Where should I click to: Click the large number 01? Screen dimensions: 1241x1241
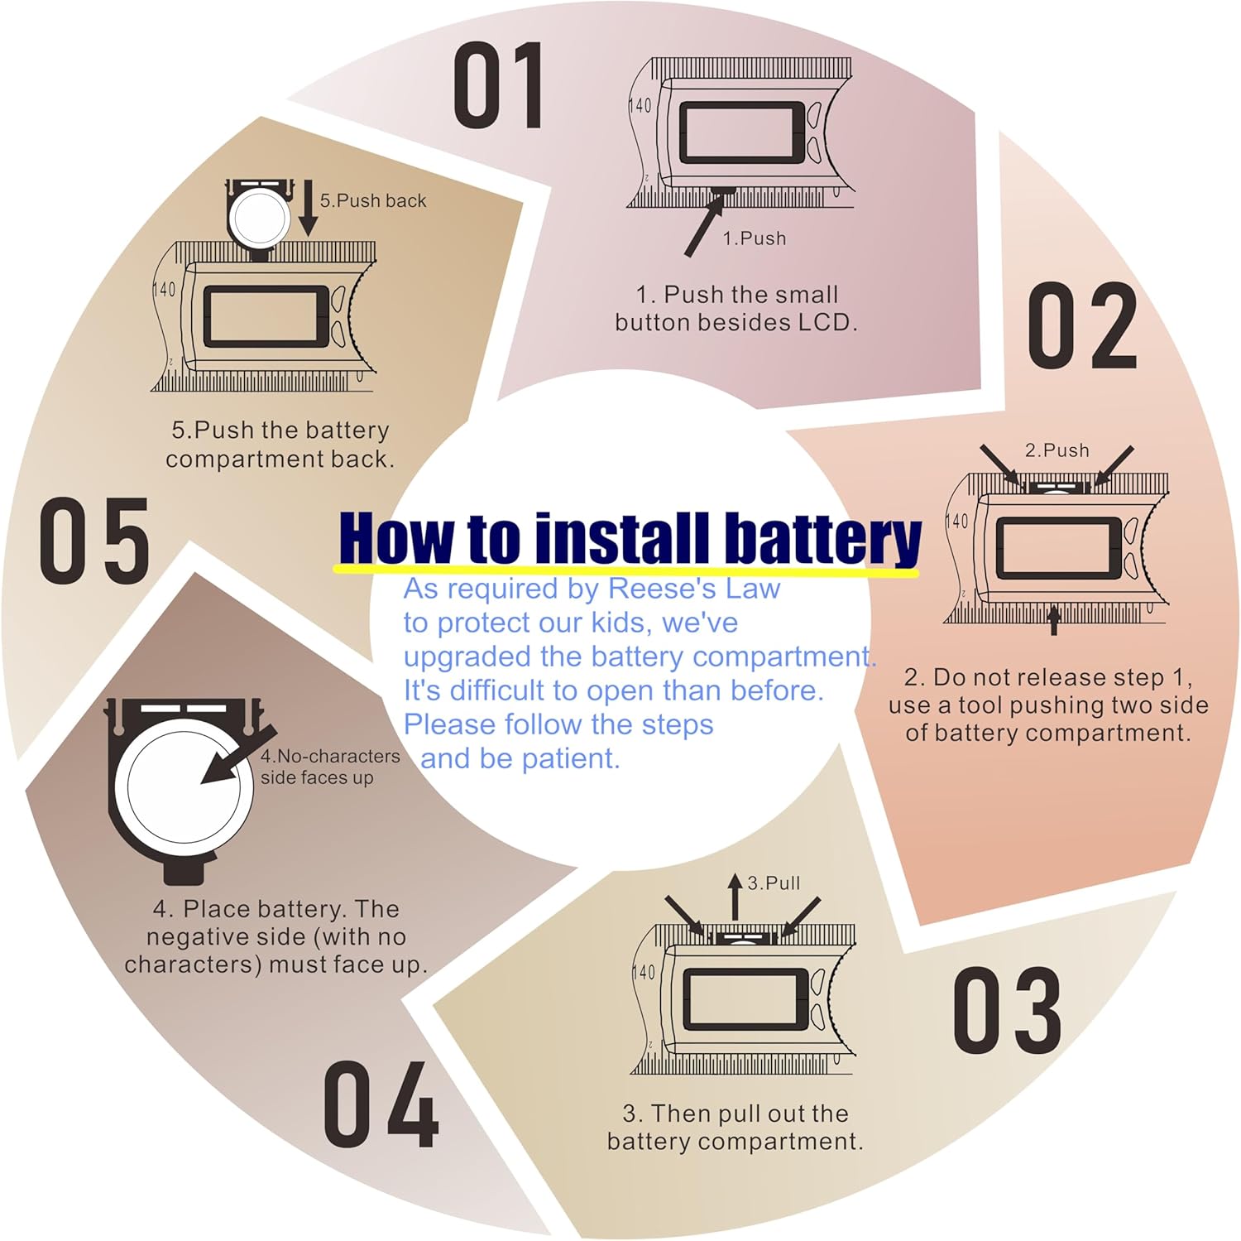[500, 86]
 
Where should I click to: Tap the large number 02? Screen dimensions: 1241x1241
[1083, 325]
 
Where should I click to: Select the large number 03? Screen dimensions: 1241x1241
[1007, 1010]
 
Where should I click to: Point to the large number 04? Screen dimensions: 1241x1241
[381, 1104]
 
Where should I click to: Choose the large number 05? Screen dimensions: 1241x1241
[94, 541]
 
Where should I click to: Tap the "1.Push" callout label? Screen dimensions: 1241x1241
[754, 238]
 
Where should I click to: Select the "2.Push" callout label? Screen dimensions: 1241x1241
[1057, 450]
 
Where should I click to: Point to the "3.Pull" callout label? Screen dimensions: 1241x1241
[774, 883]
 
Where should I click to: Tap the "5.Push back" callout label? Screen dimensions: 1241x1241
[373, 200]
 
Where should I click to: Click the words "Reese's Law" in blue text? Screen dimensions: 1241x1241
[694, 589]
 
